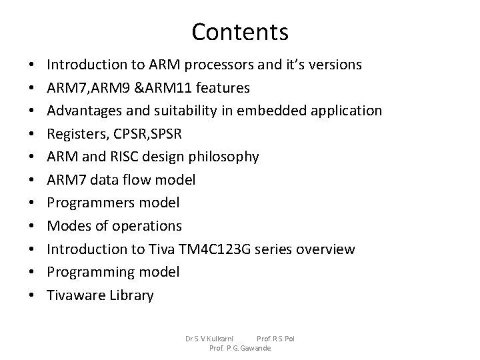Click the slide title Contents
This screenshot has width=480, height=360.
pos(240,31)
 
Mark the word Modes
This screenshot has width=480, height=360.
pos(65,226)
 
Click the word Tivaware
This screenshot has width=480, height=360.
pos(75,295)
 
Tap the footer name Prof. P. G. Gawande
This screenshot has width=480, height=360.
pos(240,348)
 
